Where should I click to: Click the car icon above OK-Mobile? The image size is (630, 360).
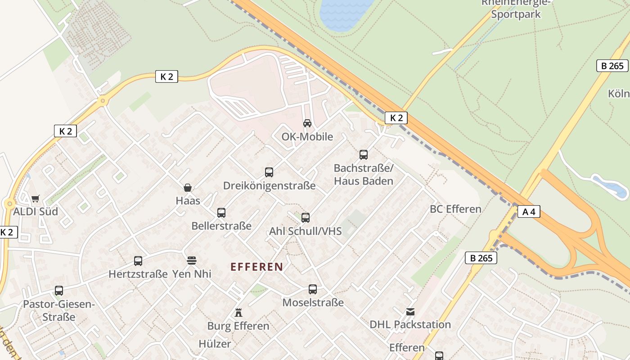pyautogui.click(x=307, y=123)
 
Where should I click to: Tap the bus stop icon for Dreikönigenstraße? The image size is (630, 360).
pyautogui.click(x=269, y=172)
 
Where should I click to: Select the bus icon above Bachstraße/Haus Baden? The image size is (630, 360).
pyautogui.click(x=364, y=155)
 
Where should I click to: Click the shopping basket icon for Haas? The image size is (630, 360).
pyautogui.click(x=188, y=187)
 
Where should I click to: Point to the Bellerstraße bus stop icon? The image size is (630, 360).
pyautogui.click(x=221, y=212)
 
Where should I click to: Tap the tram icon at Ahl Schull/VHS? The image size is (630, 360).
pyautogui.click(x=306, y=218)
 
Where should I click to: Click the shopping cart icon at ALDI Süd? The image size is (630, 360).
pyautogui.click(x=36, y=198)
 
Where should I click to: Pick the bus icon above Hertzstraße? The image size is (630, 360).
pyautogui.click(x=138, y=261)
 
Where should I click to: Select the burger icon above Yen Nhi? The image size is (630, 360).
pyautogui.click(x=192, y=261)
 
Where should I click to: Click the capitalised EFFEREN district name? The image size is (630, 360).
pyautogui.click(x=257, y=267)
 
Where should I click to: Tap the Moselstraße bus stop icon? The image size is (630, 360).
pyautogui.click(x=313, y=289)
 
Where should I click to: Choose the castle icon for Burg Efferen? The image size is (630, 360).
pyautogui.click(x=238, y=312)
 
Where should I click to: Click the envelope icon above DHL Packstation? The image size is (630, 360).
pyautogui.click(x=410, y=311)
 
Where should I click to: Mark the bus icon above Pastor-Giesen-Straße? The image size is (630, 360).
pyautogui.click(x=59, y=291)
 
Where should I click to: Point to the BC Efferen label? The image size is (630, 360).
pyautogui.click(x=455, y=209)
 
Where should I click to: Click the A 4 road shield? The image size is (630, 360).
pyautogui.click(x=529, y=211)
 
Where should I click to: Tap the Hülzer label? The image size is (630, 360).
pyautogui.click(x=215, y=344)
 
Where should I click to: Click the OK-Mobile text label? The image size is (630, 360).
pyautogui.click(x=307, y=136)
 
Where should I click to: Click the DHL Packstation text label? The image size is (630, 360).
pyautogui.click(x=410, y=324)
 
